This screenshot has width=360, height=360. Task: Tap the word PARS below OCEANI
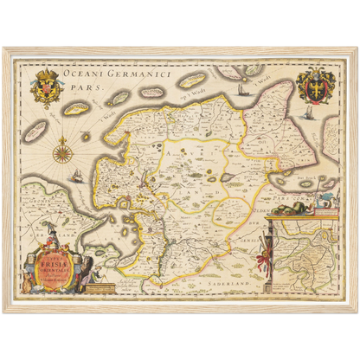[x=84, y=87]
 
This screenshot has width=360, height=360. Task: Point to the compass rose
[x=62, y=153]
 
